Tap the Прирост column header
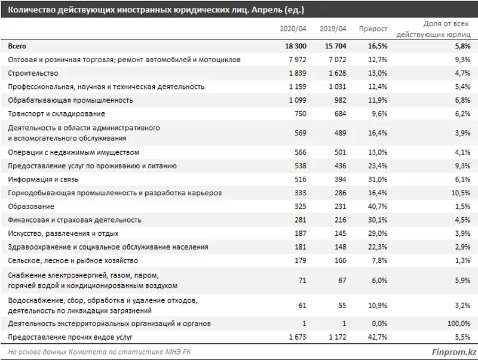[x=373, y=29]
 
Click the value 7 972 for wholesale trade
[x=296, y=60]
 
